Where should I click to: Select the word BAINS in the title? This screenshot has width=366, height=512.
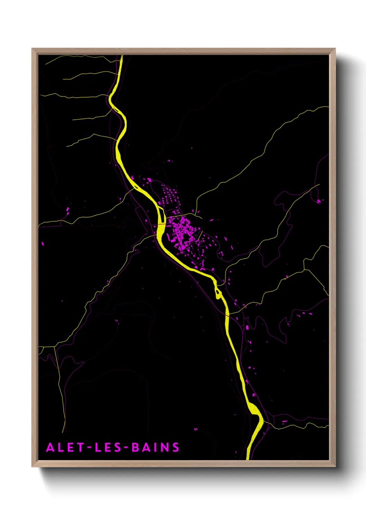[156, 447]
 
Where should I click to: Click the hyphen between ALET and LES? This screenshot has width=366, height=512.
[90, 448]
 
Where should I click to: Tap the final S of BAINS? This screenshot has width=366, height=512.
[176, 447]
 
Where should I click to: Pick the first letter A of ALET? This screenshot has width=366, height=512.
[50, 447]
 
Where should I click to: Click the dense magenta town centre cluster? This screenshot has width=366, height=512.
[181, 230]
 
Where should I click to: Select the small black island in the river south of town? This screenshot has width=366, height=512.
[218, 293]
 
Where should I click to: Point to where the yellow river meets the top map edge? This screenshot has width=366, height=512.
[121, 56]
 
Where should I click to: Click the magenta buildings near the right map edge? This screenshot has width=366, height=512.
[319, 201]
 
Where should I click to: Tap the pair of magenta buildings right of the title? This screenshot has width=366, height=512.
[196, 429]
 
